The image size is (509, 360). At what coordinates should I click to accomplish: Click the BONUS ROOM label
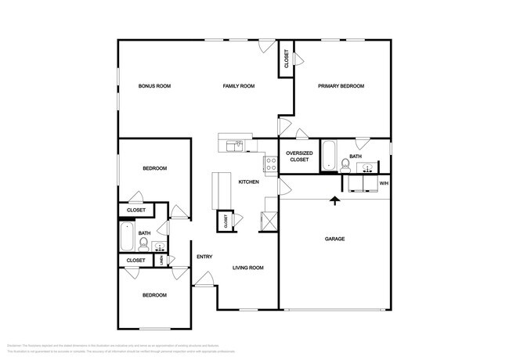click(x=154, y=86)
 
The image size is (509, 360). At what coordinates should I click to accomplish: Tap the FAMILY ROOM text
click(x=239, y=86)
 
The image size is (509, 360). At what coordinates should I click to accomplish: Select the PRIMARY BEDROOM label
click(x=341, y=86)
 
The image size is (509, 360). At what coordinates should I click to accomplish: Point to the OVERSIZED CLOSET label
click(x=299, y=157)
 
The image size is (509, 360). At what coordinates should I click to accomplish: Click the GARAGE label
click(x=335, y=239)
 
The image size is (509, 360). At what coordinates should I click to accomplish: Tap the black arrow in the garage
click(x=335, y=200)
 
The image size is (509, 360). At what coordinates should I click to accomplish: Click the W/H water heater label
click(x=383, y=183)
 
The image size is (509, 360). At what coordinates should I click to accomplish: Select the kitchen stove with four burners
click(x=270, y=164)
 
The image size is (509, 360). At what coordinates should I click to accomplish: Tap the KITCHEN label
click(x=248, y=182)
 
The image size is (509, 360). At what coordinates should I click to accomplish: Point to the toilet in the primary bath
click(x=345, y=164)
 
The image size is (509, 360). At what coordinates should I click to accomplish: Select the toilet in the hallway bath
click(x=143, y=243)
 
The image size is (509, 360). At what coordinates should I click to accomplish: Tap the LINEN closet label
click(x=161, y=261)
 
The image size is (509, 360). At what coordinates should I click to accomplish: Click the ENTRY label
click(x=204, y=257)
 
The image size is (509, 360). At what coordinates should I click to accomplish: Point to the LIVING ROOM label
click(x=247, y=268)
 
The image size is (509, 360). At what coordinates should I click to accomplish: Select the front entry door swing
click(x=205, y=279)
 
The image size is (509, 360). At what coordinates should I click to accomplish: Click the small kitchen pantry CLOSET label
click(x=226, y=221)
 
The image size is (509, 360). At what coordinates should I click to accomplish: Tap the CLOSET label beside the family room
click(x=286, y=59)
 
